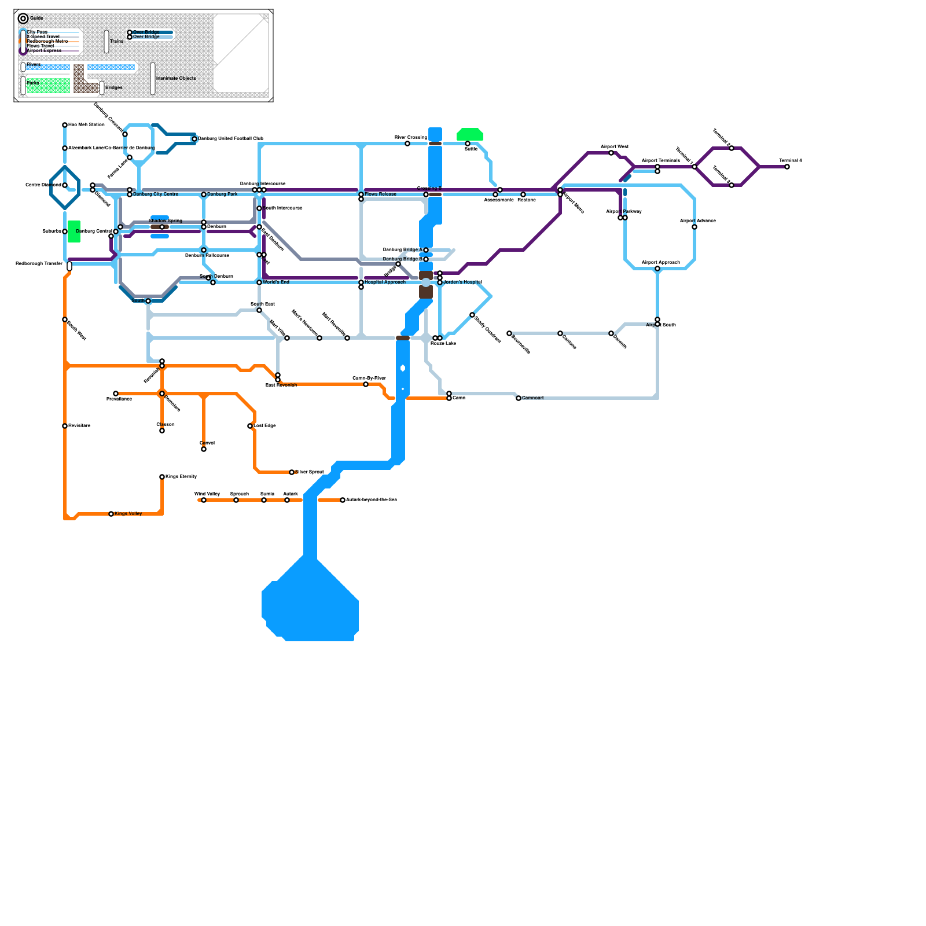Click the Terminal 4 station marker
[x=787, y=167]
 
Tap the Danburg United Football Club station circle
[x=194, y=139]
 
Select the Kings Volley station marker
[x=111, y=514]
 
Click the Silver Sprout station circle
[x=292, y=472]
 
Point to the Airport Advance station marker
[x=694, y=227]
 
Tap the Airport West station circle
[x=611, y=153]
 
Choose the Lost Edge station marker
[x=250, y=426]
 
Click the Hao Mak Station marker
[x=65, y=125]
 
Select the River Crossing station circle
[x=407, y=144]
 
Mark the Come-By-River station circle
[x=366, y=384]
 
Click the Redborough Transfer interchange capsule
[x=69, y=266]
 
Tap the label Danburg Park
[x=222, y=194]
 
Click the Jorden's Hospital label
[x=462, y=282]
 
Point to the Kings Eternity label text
[x=181, y=477]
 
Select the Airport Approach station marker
[x=657, y=269]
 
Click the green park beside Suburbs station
[x=74, y=231]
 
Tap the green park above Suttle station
[x=470, y=134]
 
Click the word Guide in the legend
[x=36, y=19]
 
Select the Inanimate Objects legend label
[x=176, y=79]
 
